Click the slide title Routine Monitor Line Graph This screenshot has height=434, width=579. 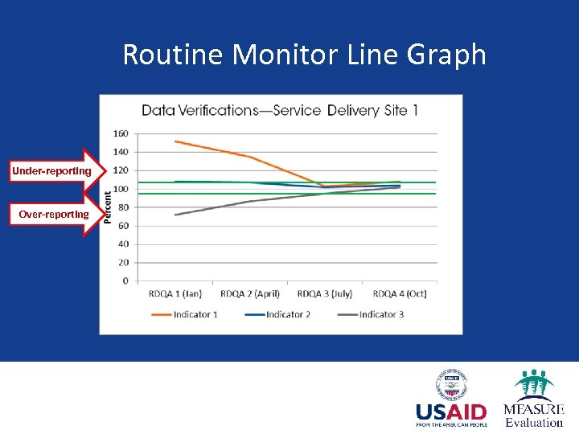304,55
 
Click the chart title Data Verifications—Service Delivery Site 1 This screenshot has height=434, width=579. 279,110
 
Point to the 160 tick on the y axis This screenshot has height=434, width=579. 120,133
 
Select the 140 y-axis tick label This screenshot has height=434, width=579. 120,152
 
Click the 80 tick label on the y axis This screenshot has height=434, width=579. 122,207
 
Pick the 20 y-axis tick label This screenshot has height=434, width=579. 122,263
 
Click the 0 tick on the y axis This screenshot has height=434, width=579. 125,281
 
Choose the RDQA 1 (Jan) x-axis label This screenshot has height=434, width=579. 175,293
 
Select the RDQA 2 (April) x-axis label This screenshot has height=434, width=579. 250,293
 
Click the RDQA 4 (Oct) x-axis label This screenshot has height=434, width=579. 400,293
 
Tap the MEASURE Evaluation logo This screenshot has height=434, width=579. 533,399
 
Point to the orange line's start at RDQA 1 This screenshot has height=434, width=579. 175,141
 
